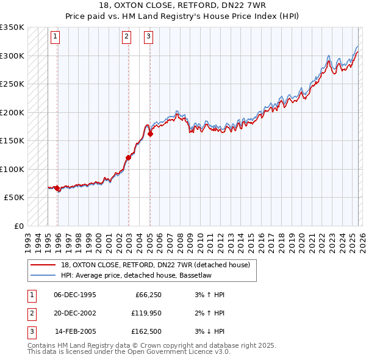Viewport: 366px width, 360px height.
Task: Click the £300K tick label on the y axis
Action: click(12, 56)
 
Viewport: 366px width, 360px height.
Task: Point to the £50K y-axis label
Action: click(13, 198)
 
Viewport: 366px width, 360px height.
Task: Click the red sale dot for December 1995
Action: click(57, 189)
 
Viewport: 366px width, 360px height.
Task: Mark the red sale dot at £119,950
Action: click(129, 157)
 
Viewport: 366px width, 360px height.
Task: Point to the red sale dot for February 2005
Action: click(150, 134)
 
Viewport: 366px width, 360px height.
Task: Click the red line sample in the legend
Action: click(43, 265)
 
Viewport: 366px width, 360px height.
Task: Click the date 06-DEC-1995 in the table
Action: click(75, 295)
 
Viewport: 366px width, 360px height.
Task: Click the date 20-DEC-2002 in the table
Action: click(75, 313)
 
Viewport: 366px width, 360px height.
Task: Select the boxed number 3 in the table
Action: click(31, 331)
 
